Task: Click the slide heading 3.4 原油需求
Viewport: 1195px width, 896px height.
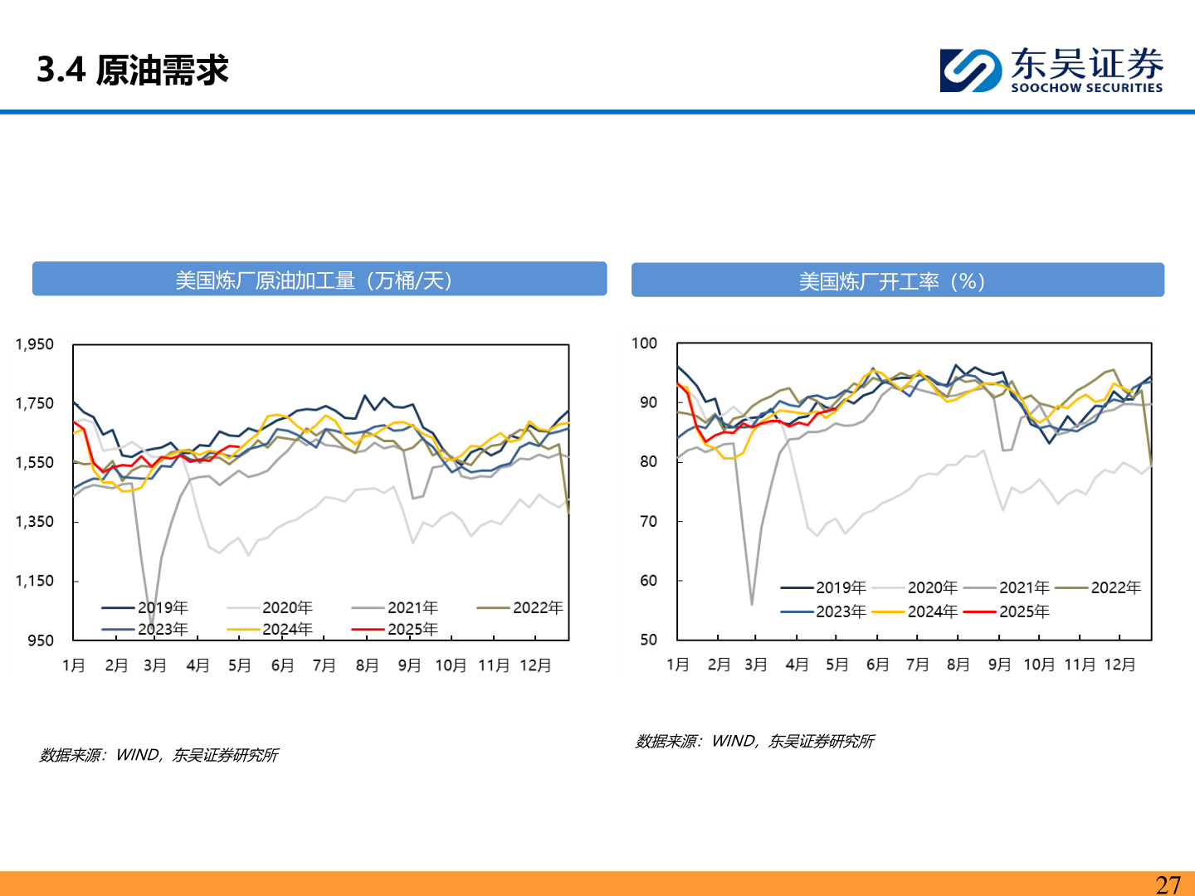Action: coord(133,70)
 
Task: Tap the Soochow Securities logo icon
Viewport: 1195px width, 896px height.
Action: coord(970,70)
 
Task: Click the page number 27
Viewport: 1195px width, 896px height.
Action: coord(1168,884)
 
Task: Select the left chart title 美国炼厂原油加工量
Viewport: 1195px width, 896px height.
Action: coord(314,280)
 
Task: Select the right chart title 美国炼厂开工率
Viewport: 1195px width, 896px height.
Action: coord(891,281)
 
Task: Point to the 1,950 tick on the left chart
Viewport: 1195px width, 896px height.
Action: coord(35,344)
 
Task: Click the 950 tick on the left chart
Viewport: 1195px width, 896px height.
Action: coord(40,640)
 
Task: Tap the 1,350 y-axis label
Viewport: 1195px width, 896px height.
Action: coord(35,522)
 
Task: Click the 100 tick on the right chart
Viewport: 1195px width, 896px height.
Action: coord(644,343)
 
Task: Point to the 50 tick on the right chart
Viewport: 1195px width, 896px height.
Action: coord(648,640)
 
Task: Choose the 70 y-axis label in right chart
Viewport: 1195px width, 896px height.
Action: coord(648,521)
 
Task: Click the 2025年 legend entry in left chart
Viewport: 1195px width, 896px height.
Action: coord(412,629)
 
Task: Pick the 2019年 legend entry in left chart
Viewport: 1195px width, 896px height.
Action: coord(163,607)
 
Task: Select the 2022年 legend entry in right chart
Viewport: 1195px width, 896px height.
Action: coord(1115,587)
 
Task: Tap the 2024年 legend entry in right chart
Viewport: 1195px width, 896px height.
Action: coord(932,611)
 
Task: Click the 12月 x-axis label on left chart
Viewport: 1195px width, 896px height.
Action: coord(535,665)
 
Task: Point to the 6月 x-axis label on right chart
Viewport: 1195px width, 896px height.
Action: coord(877,665)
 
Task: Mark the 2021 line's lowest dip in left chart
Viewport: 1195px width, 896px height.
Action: coord(151,624)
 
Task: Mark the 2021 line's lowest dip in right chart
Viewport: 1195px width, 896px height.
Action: coord(752,604)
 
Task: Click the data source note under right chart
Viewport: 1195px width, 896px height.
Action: coord(754,741)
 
